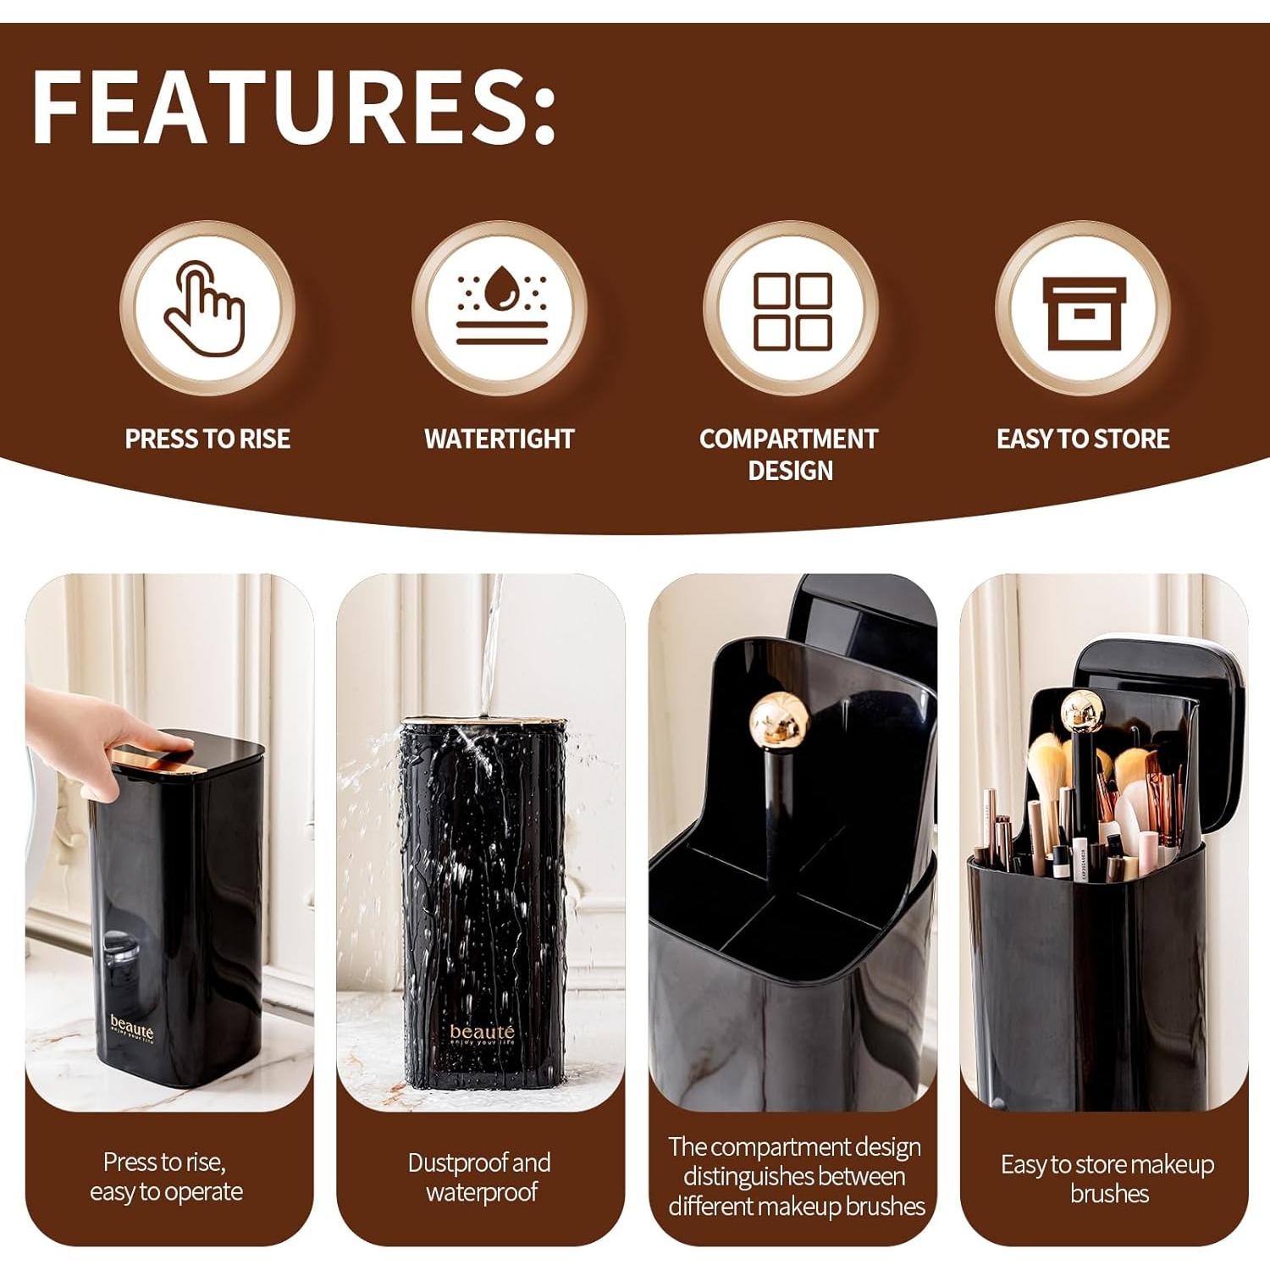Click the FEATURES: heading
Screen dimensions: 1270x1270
tap(293, 107)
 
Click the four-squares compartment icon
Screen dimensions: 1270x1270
tap(792, 311)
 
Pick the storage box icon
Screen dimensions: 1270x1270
tap(1083, 312)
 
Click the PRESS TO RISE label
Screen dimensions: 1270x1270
tap(207, 439)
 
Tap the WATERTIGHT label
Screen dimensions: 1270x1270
tap(500, 439)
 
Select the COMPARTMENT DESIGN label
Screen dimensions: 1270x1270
tap(789, 454)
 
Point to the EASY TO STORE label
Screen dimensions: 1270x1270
tap(1083, 439)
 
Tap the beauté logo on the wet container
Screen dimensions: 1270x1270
tap(482, 1034)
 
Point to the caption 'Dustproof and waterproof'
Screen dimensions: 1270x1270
tap(480, 1177)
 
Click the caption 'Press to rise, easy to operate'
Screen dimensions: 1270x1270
tap(166, 1177)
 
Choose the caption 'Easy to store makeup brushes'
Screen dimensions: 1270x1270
tap(1107, 1179)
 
